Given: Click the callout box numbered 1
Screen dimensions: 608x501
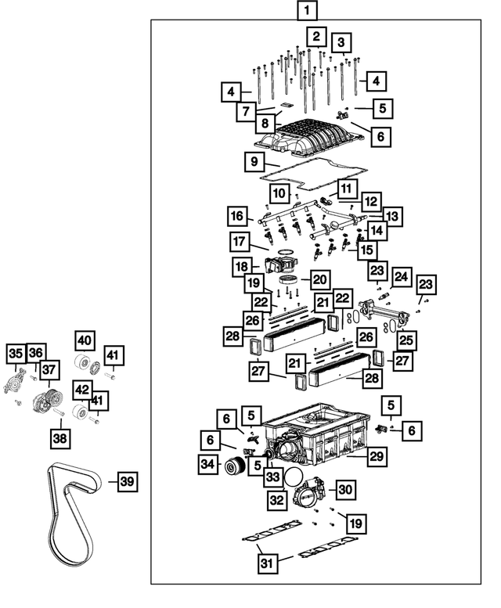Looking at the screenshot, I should click(x=308, y=11).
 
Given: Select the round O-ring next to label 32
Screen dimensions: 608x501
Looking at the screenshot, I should click(x=294, y=479).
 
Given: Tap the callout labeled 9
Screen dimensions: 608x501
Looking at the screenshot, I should click(x=252, y=163).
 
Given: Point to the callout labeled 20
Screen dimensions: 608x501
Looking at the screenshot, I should click(x=319, y=279).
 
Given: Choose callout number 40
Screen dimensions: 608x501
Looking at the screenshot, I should click(x=85, y=340).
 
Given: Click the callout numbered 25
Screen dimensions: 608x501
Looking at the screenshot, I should click(x=405, y=339).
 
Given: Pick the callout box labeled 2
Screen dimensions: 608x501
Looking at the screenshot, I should click(x=315, y=36).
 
